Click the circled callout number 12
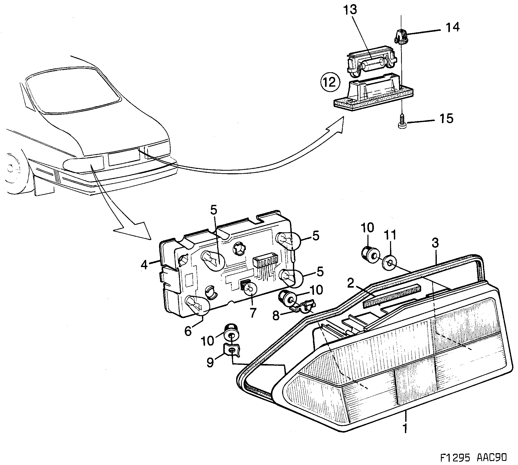[330, 82]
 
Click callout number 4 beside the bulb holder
[144, 265]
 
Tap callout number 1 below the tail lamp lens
[405, 428]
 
